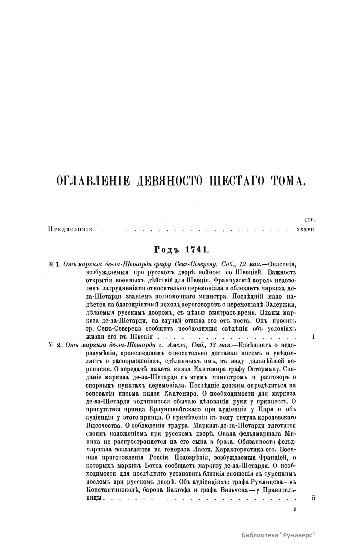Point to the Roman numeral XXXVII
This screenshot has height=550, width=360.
tap(305, 230)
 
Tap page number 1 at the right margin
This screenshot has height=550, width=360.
tap(313, 337)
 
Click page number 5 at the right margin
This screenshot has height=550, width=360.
tap(314, 498)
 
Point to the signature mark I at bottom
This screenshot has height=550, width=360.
tap(295, 509)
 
